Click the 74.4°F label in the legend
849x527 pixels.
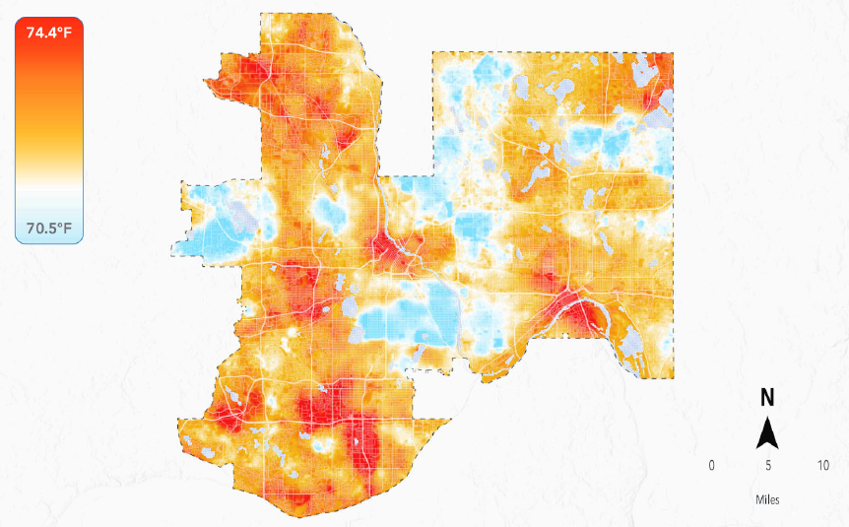(x=49, y=33)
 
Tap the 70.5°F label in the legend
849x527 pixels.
(x=49, y=229)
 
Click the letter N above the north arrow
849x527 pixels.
(x=767, y=398)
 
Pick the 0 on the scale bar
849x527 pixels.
(x=711, y=465)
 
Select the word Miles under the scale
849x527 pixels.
(x=767, y=499)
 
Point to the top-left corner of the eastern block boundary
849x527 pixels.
(x=433, y=53)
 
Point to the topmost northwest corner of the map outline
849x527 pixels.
(x=262, y=15)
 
